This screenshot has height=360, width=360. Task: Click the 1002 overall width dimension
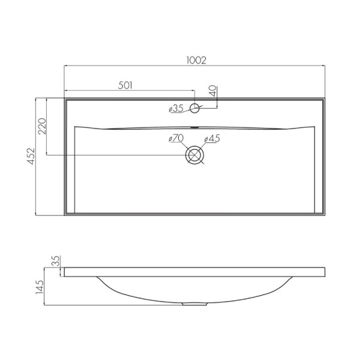click(196, 60)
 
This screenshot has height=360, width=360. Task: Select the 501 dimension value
click(125, 85)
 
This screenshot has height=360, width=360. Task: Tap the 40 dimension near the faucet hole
click(212, 92)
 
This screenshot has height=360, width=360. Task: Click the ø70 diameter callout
click(176, 139)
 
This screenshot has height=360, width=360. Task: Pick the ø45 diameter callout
click(213, 139)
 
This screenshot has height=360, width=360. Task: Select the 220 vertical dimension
click(43, 127)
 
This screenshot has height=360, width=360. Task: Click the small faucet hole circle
click(195, 108)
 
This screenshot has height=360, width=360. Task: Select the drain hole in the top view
click(195, 155)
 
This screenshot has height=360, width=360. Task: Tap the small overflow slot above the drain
click(195, 127)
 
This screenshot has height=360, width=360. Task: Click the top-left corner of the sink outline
click(64, 98)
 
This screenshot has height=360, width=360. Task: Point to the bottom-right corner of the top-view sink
click(326, 215)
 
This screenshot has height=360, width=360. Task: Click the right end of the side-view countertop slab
click(326, 272)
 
